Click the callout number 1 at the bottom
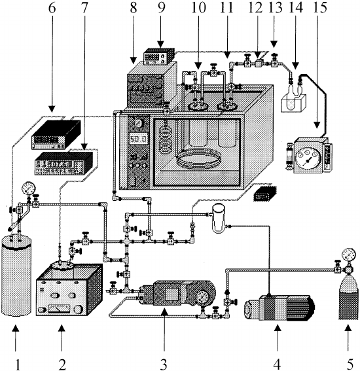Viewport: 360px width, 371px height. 17,364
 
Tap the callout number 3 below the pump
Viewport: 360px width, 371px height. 164,364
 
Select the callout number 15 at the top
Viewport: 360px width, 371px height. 320,7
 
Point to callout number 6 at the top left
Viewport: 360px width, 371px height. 52,8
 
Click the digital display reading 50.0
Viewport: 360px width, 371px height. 139,139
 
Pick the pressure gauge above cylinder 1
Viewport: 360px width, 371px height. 28,188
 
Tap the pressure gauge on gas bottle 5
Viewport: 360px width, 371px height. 348,255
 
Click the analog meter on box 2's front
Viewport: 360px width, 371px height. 59,308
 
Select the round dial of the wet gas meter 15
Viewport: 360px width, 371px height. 308,160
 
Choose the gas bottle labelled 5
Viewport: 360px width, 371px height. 348,298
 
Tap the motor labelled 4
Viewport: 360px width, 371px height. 279,308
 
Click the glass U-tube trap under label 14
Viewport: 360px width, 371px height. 295,95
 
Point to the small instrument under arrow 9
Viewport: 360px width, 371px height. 156,56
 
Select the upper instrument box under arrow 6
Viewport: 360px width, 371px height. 56,135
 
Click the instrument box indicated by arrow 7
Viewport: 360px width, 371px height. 63,164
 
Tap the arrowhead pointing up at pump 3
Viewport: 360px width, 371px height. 164,313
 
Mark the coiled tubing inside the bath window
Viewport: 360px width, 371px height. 199,159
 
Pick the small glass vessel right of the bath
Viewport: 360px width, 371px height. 218,218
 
